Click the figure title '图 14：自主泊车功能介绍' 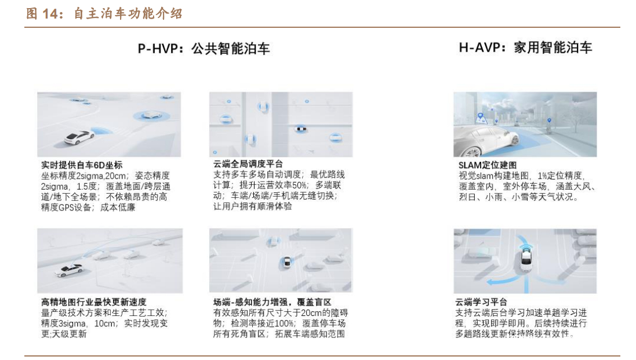point(104,13)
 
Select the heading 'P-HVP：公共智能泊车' point(203,48)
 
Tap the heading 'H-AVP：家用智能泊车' point(525,48)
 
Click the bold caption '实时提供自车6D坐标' point(82,165)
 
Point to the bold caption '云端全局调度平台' point(248,164)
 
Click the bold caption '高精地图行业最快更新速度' point(94,302)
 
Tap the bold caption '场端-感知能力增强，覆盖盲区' point(272,302)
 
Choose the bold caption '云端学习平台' point(481,302)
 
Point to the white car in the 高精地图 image point(69,270)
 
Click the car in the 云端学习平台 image point(526,259)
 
